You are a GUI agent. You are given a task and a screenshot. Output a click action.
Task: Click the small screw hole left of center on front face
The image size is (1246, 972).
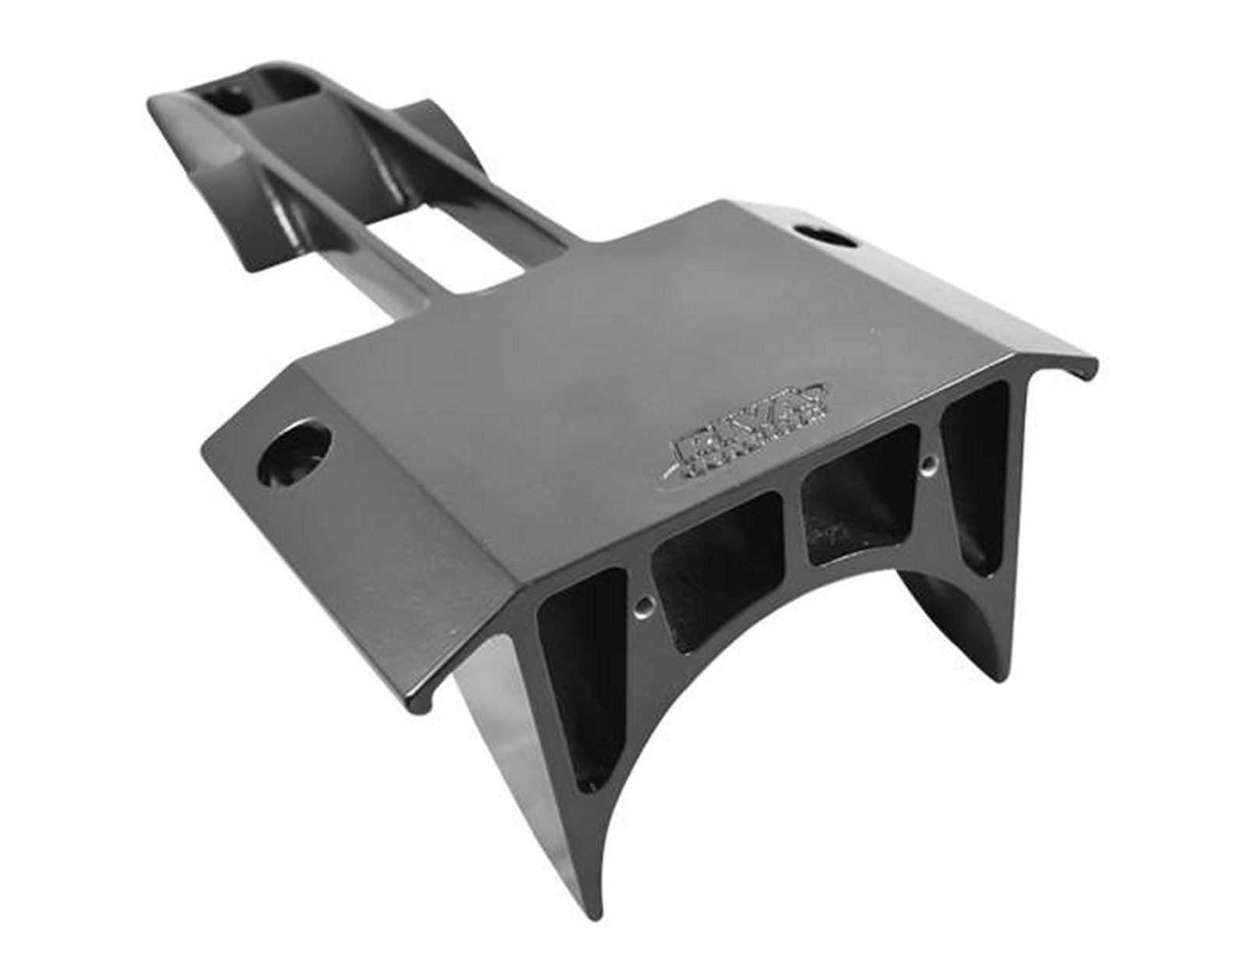(x=646, y=604)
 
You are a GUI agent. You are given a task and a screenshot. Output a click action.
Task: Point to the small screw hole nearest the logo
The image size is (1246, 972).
(x=927, y=465)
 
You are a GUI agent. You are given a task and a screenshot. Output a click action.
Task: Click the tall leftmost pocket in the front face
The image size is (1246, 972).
(x=580, y=670)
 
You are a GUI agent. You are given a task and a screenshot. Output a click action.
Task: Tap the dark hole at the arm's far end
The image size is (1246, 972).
(x=230, y=101)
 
